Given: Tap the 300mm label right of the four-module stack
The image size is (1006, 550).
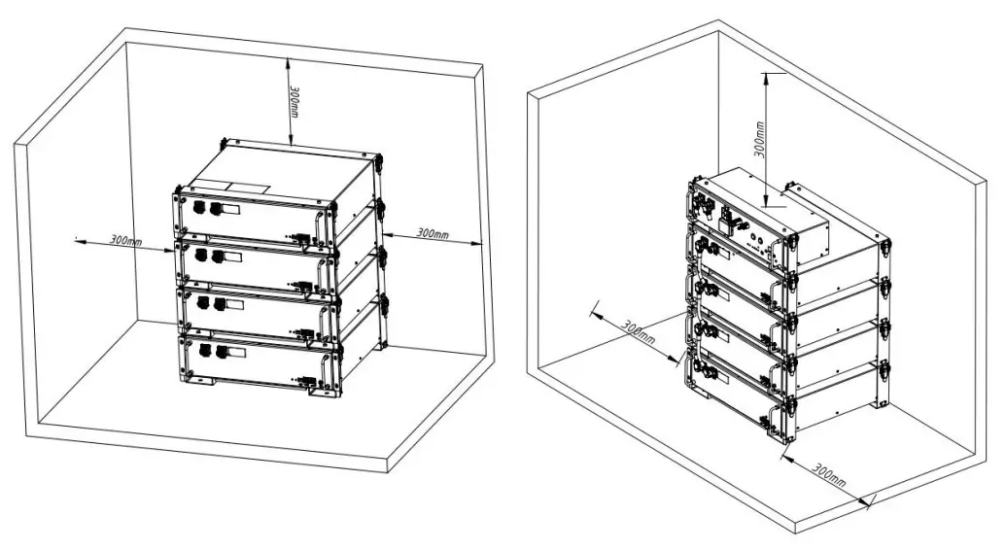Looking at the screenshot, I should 432,234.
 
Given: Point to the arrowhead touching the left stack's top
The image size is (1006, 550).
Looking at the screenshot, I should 290,141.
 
